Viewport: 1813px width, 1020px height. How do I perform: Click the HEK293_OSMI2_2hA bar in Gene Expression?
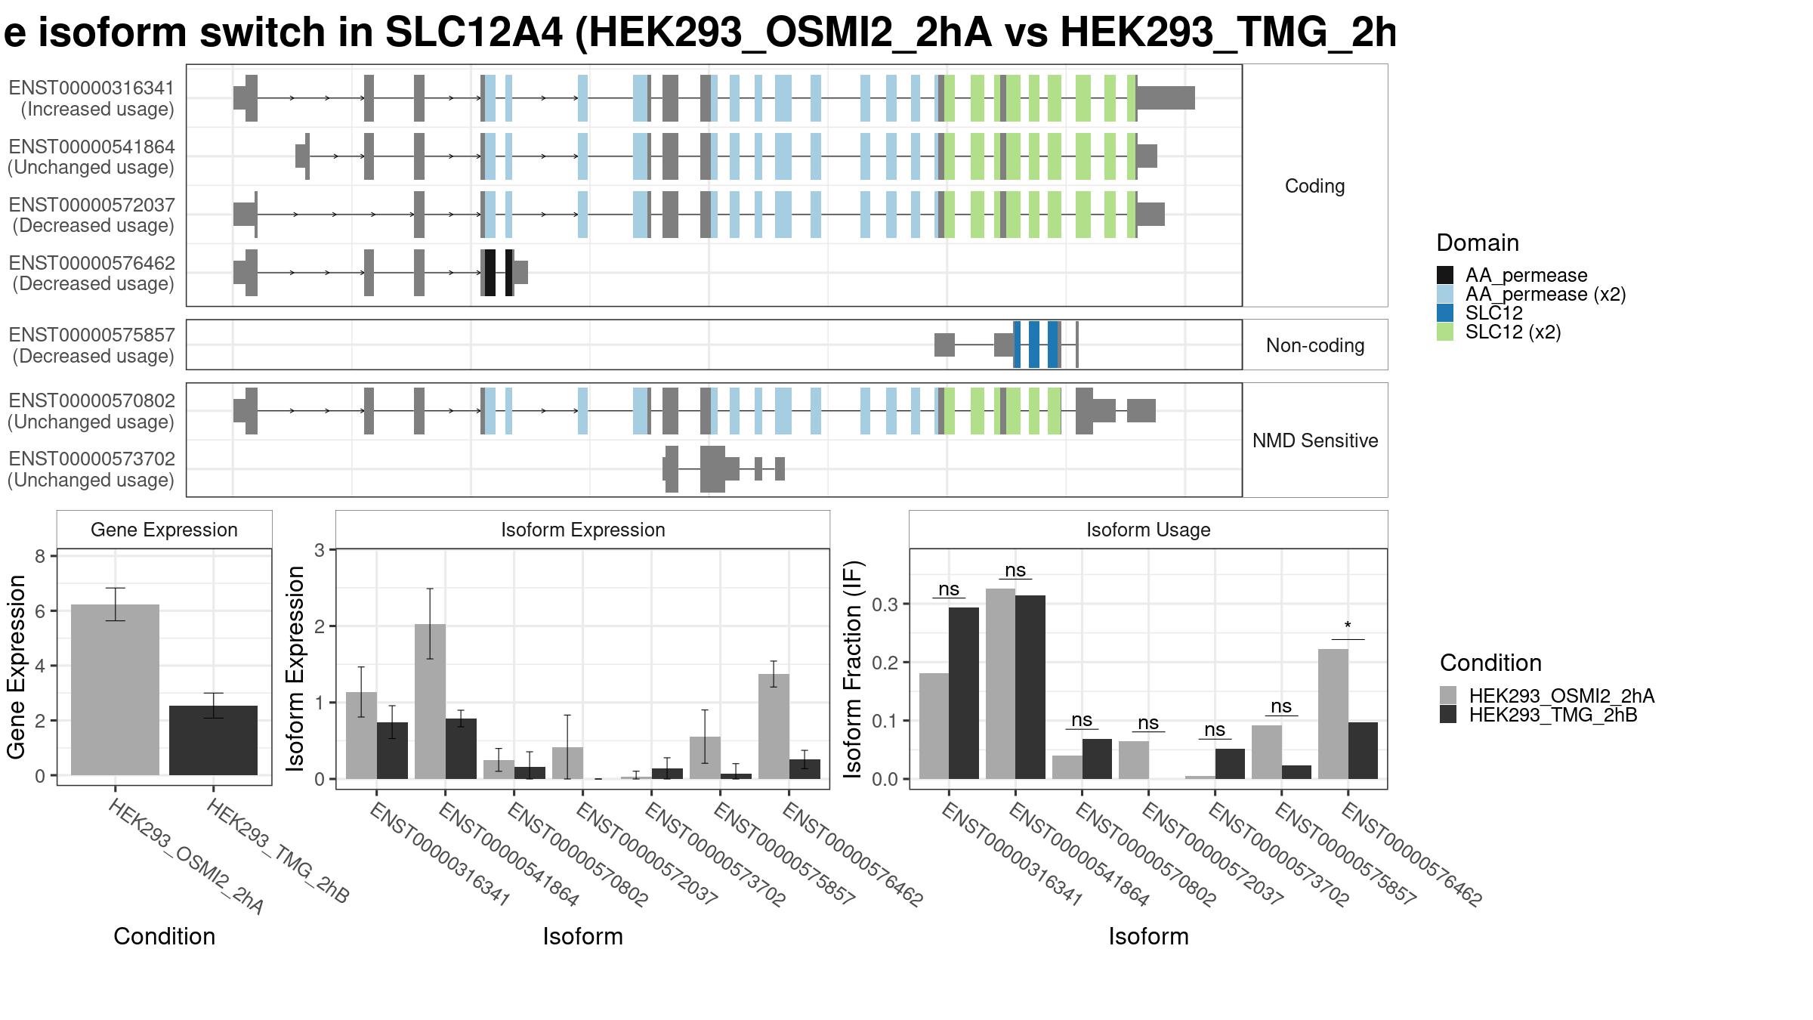pyautogui.click(x=115, y=690)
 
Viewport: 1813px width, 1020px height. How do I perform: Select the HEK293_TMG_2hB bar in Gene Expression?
pyautogui.click(x=213, y=740)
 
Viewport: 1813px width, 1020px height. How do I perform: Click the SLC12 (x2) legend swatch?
pyautogui.click(x=1445, y=332)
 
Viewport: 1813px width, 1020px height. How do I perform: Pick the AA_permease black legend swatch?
pyautogui.click(x=1445, y=275)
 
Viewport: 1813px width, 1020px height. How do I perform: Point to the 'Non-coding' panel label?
pyautogui.click(x=1315, y=345)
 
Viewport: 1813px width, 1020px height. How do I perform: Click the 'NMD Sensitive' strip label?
pyautogui.click(x=1315, y=440)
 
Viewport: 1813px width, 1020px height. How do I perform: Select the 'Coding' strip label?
pyautogui.click(x=1315, y=186)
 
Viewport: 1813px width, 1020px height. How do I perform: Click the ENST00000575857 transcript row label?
pyautogui.click(x=91, y=345)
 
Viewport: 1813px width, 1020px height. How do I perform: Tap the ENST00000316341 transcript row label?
pyautogui.click(x=91, y=98)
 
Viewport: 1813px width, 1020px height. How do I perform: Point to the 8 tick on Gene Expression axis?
pyautogui.click(x=39, y=556)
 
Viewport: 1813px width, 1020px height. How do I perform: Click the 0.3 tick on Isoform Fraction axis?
pyautogui.click(x=885, y=604)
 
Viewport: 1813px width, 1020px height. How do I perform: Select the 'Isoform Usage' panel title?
pyautogui.click(x=1148, y=530)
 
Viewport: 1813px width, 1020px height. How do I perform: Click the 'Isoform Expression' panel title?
pyautogui.click(x=583, y=530)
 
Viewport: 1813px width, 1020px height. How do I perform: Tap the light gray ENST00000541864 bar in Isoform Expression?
pyautogui.click(x=430, y=701)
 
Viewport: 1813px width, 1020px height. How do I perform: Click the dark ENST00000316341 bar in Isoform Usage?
pyautogui.click(x=964, y=693)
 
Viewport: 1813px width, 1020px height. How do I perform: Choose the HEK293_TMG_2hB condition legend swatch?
pyautogui.click(x=1448, y=715)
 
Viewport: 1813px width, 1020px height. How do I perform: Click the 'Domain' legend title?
pyautogui.click(x=1478, y=243)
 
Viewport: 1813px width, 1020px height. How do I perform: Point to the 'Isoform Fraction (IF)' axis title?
pyautogui.click(x=853, y=669)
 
